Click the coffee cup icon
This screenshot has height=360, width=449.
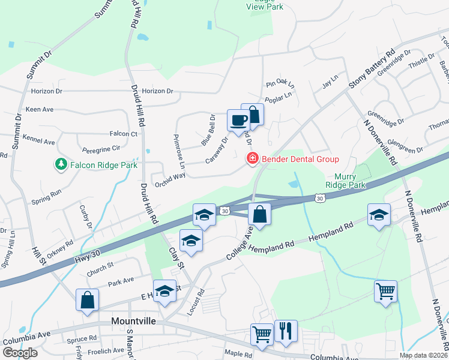(238, 120)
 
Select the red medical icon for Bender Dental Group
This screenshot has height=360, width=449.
(253, 158)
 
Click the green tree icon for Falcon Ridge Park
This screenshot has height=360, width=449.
(61, 164)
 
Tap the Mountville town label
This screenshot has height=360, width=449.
(134, 322)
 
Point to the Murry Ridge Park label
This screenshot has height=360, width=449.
(345, 181)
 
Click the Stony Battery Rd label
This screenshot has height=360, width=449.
(372, 71)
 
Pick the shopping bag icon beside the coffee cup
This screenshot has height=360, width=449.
(253, 114)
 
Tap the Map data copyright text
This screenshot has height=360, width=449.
(423, 355)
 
